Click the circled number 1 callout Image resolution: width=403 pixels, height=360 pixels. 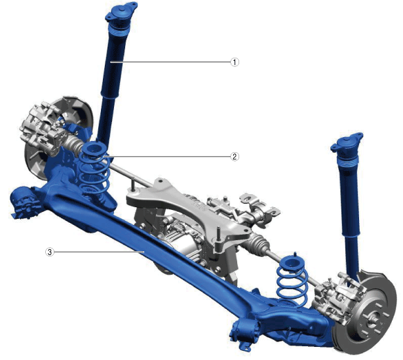pyautogui.click(x=235, y=62)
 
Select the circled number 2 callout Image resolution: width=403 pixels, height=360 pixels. pyautogui.click(x=235, y=156)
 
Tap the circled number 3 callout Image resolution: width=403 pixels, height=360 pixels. pyautogui.click(x=50, y=252)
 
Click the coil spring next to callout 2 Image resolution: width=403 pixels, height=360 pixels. pyautogui.click(x=94, y=170)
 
